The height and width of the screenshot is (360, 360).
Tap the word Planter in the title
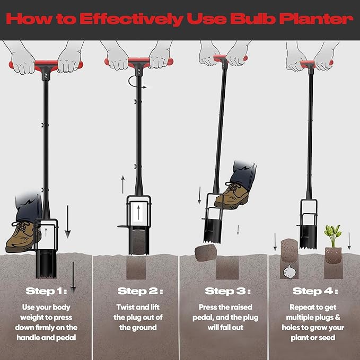coord(317,19)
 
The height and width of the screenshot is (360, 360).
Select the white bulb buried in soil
coord(289,270)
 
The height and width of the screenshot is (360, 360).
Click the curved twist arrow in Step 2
coord(137,84)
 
